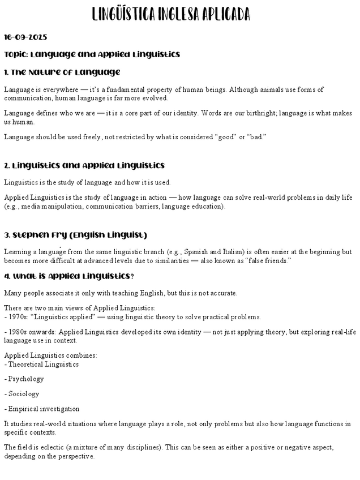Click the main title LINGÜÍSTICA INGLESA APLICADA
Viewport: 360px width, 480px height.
point(170,14)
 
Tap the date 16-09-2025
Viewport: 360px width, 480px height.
point(25,37)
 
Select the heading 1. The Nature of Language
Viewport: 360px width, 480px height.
point(62,72)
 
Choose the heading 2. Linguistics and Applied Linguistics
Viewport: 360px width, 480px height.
point(84,166)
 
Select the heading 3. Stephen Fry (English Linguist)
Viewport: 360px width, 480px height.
point(75,235)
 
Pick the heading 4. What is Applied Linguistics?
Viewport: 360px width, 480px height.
point(69,276)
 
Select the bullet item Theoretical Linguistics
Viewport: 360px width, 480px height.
point(43,364)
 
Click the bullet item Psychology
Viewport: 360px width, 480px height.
point(25,379)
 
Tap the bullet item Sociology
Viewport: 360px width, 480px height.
point(23,393)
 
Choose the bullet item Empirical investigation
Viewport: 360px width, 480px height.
point(44,409)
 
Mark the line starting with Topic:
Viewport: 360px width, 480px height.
point(92,55)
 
